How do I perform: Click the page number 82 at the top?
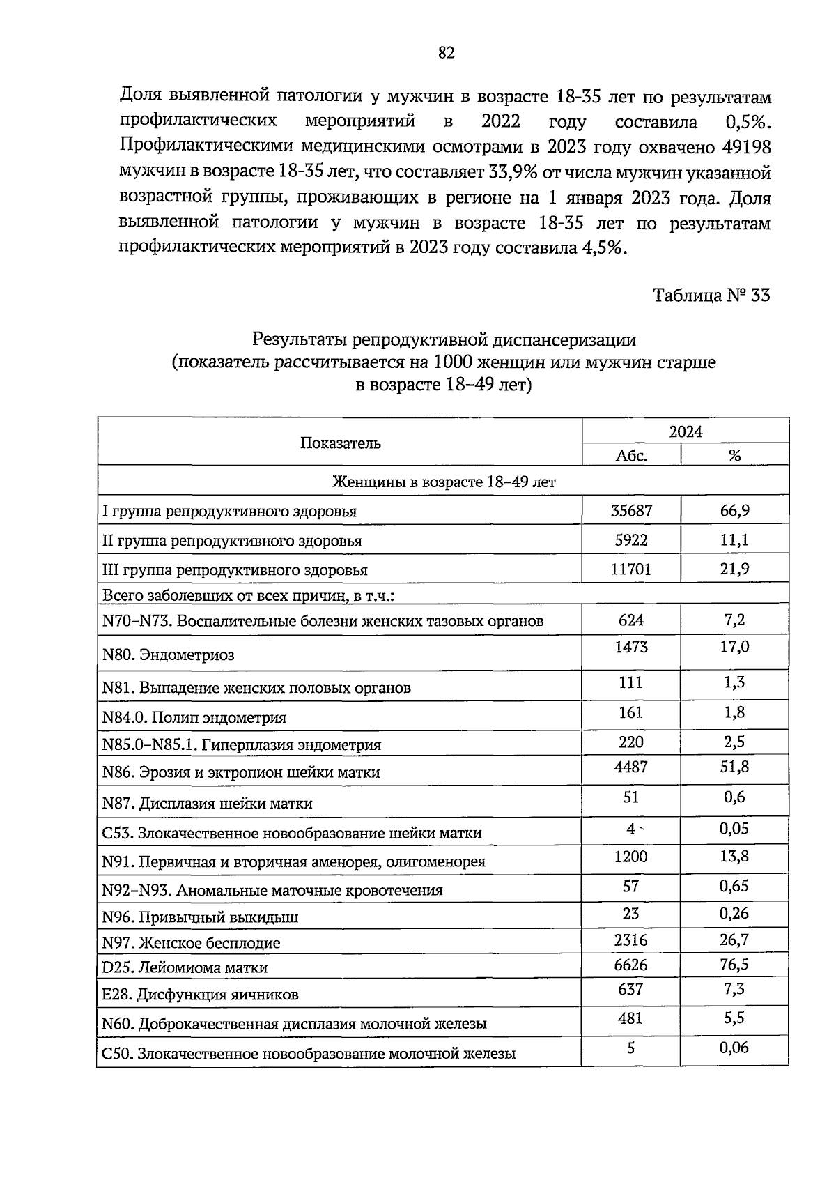coord(447,53)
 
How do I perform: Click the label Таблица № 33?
coord(711,296)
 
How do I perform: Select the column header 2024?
coord(686,431)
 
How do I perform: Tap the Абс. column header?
coord(632,456)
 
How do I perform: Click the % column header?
coord(734,456)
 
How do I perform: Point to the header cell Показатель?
coord(340,443)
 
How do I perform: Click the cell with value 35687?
coord(631,511)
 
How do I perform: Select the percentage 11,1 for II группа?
coord(734,540)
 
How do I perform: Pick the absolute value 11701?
coord(631,569)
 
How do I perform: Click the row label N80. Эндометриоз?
coord(168,654)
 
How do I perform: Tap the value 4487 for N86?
coord(631,767)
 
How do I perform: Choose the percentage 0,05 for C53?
coord(734,828)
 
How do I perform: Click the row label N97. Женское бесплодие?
coord(191,943)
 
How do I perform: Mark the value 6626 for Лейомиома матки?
coord(631,965)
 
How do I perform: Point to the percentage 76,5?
coord(734,965)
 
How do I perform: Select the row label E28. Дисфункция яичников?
coord(200,995)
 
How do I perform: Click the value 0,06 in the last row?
coord(734,1048)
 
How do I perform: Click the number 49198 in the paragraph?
coord(747,147)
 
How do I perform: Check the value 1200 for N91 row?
coord(631,857)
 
